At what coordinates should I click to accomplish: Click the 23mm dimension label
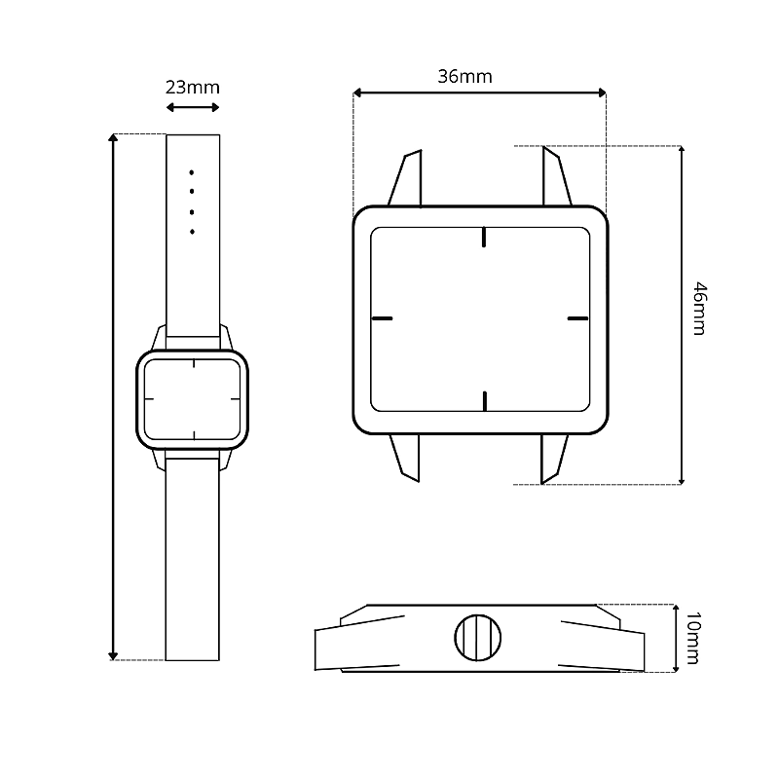pyautogui.click(x=192, y=88)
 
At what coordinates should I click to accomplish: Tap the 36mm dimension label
pyautogui.click(x=464, y=77)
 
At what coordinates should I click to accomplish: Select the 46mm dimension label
pyautogui.click(x=699, y=309)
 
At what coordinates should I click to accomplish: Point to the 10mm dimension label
pyautogui.click(x=692, y=638)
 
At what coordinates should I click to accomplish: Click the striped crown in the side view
pyautogui.click(x=477, y=638)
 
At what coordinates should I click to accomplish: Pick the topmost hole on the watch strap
pyautogui.click(x=191, y=172)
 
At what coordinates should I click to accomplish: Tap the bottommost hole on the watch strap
pyautogui.click(x=192, y=232)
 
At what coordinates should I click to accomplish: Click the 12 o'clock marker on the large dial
pyautogui.click(x=483, y=237)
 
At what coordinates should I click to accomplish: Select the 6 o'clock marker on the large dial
pyautogui.click(x=484, y=401)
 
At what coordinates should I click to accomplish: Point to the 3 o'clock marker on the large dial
pyautogui.click(x=577, y=318)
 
